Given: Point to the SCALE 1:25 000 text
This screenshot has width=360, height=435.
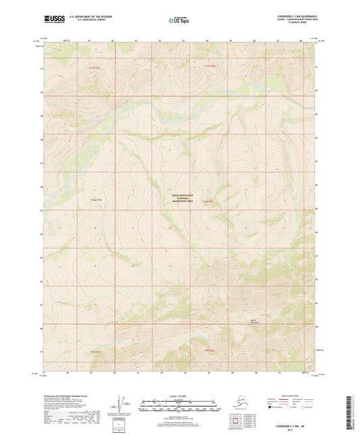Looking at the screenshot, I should click(x=180, y=395).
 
